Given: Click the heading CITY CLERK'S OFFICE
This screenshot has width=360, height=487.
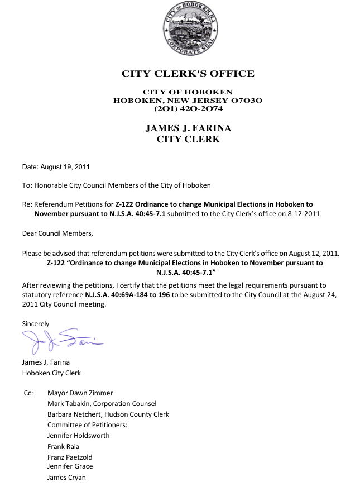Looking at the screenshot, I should pos(188,74).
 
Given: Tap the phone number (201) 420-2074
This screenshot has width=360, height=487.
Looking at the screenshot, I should pos(188,109).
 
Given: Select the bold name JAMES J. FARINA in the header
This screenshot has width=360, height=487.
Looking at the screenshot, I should pos(188,128).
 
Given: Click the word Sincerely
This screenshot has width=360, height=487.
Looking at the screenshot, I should pos(36,324).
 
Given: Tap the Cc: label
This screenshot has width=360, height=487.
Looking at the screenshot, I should pos(29,393).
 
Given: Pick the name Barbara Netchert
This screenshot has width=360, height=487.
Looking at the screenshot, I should pos(74,414).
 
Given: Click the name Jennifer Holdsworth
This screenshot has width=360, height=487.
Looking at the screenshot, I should pos(79,436).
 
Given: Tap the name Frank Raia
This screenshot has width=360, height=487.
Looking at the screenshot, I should pos(64,447).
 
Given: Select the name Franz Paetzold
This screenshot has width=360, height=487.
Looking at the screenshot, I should pos(70,457).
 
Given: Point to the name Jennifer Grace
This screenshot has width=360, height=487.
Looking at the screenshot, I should pos(70,466).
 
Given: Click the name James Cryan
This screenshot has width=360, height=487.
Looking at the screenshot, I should pos(66,478).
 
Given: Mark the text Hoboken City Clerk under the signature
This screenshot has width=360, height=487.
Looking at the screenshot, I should pos(51,373).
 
